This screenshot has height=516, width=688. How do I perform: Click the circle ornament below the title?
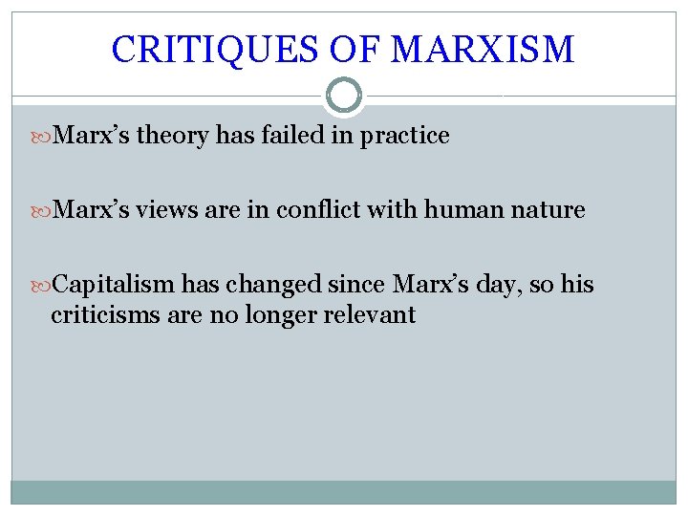[344, 96]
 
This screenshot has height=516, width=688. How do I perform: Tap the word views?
[169, 210]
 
